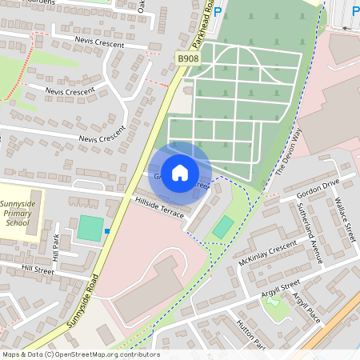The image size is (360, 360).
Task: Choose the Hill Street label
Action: pyautogui.click(x=38, y=270)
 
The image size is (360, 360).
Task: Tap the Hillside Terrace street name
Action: pyautogui.click(x=159, y=207)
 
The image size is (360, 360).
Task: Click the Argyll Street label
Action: pyautogui.click(x=279, y=289)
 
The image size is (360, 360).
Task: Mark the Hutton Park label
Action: pyautogui.click(x=250, y=333)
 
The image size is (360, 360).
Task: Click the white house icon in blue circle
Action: pyautogui.click(x=180, y=172)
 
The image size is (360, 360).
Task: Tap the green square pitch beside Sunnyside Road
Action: pyautogui.click(x=90, y=228)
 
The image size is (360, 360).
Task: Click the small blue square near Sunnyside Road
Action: pyautogui.click(x=108, y=232)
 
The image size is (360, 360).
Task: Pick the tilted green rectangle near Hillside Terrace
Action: pyautogui.click(x=223, y=227)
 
